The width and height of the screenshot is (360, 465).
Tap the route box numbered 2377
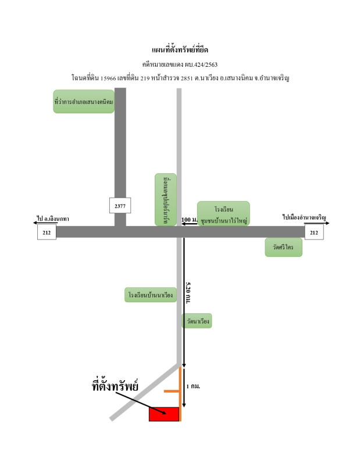click(x=120, y=205)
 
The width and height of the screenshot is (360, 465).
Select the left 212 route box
click(x=47, y=233)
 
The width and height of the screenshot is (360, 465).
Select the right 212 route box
click(x=314, y=233)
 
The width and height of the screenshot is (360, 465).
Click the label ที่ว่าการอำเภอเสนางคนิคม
click(x=83, y=101)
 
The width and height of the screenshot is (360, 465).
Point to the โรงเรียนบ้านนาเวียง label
click(x=151, y=295)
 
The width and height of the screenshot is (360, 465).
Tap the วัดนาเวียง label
click(x=196, y=321)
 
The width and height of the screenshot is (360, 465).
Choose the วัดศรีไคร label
click(x=283, y=247)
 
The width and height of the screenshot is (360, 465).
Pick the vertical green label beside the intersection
click(x=166, y=199)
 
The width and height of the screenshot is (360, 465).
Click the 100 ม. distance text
click(x=190, y=220)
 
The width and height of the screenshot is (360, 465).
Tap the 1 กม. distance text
click(x=194, y=386)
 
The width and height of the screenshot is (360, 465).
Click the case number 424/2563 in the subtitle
click(x=204, y=65)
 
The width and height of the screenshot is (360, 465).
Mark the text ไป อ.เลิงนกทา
click(x=53, y=219)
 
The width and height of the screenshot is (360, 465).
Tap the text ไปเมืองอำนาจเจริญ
click(x=305, y=217)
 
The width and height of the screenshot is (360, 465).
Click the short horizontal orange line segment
click(x=171, y=391)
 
